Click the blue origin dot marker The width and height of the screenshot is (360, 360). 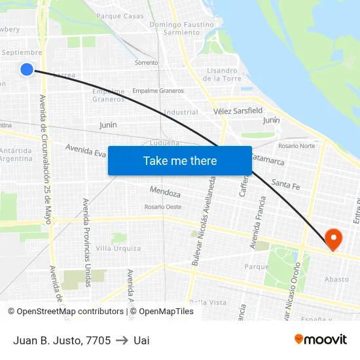pos(26,69)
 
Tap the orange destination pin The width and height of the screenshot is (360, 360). pos(333,239)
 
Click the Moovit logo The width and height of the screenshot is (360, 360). pos(321,340)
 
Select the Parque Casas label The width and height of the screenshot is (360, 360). pos(120,16)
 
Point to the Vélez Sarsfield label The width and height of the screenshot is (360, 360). pos(238,111)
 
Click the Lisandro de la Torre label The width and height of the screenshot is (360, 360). pos(223,75)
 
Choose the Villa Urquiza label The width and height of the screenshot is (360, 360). pos(118,249)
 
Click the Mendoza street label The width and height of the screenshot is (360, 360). pos(165,193)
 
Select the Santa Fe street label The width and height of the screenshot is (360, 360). pos(285,185)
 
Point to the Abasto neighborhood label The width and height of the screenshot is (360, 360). pos(336,279)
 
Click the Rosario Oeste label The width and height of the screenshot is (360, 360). pos(163,207)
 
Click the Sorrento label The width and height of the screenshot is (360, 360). pos(146,63)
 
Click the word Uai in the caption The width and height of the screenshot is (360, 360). pos(141,340)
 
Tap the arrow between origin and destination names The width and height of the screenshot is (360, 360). pos(122,340)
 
